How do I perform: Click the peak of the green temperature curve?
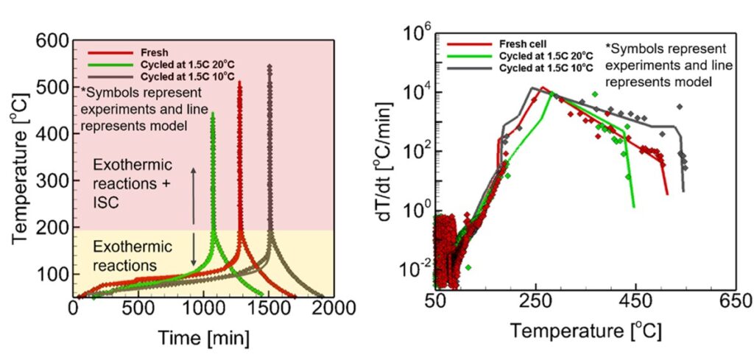pyautogui.click(x=213, y=113)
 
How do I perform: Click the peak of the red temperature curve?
pyautogui.click(x=239, y=82)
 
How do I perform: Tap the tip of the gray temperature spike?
pyautogui.click(x=269, y=66)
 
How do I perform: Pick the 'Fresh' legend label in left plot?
pyautogui.click(x=152, y=53)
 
